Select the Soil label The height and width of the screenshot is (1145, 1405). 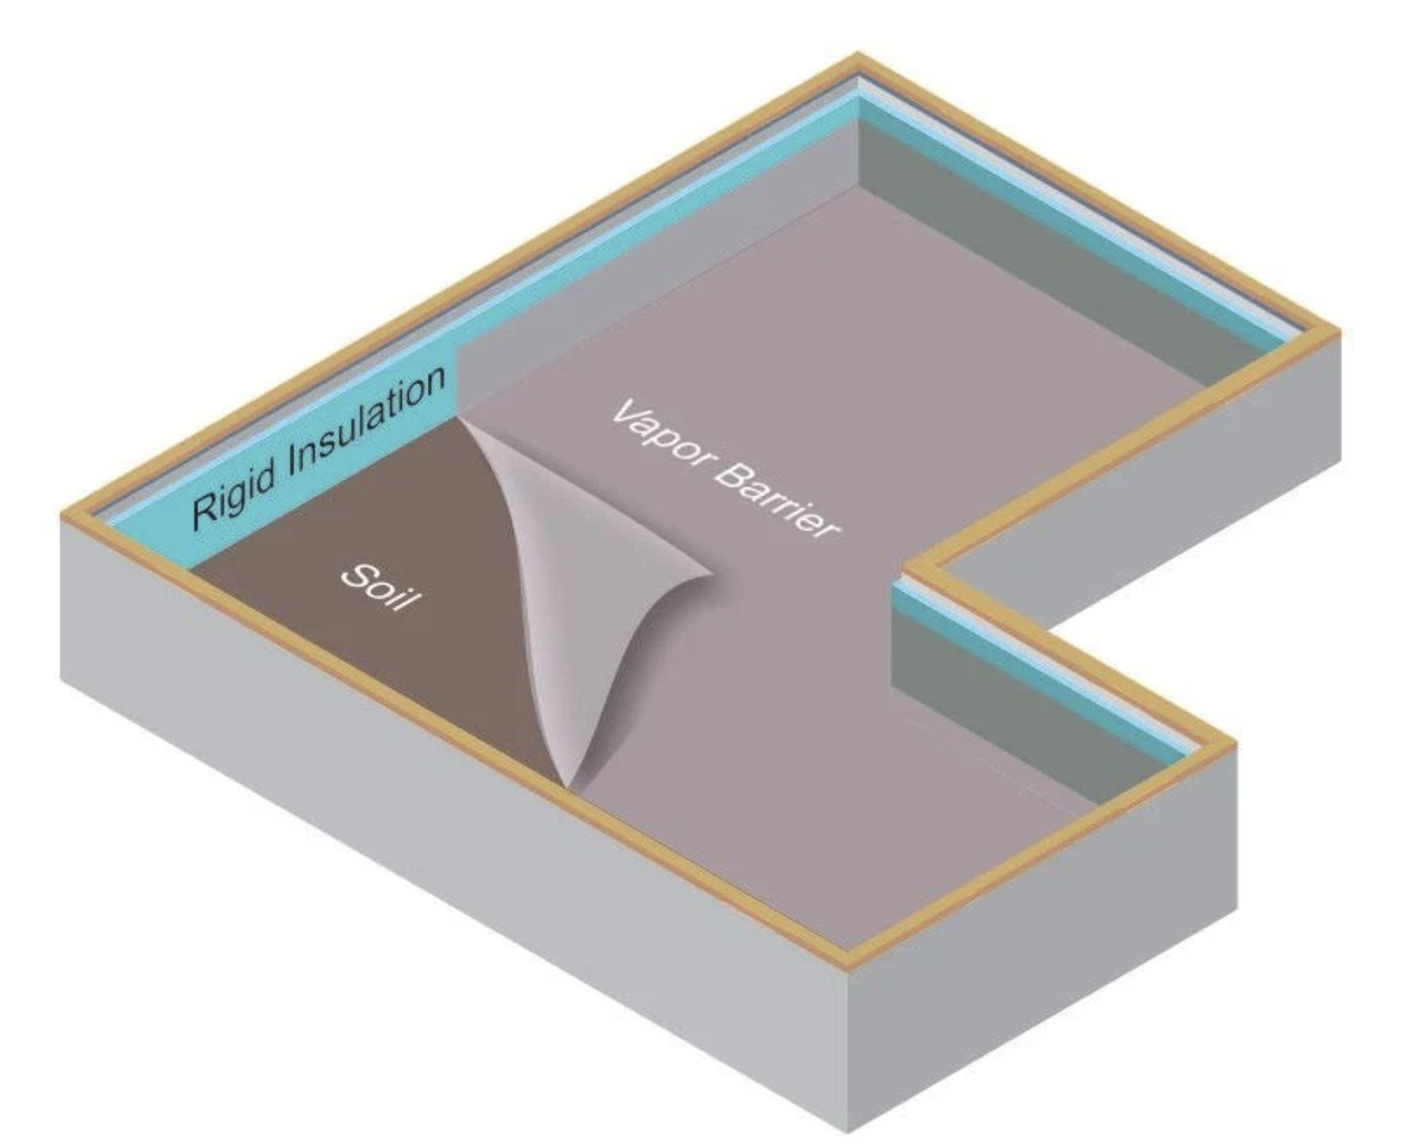click(379, 587)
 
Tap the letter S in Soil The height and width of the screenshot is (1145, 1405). click(355, 573)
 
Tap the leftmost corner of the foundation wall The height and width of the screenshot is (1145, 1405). click(62, 516)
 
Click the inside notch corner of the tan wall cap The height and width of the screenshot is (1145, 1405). click(909, 566)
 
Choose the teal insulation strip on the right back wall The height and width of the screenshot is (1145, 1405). click(1072, 222)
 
